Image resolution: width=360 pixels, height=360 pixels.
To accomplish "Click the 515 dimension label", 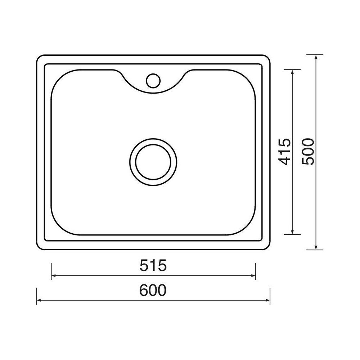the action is click(x=153, y=265).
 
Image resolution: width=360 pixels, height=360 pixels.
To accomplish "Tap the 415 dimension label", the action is click(x=285, y=152).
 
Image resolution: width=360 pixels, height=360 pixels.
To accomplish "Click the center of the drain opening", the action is click(x=153, y=162).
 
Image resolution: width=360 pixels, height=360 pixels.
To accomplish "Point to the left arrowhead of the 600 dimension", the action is click(x=39, y=300).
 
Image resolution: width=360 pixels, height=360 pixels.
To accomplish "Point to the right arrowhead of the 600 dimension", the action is click(x=268, y=300).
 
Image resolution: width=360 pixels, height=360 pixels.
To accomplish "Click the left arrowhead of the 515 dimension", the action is click(x=53, y=275).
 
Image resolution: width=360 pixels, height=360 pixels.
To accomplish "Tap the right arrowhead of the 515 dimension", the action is click(x=253, y=275).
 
